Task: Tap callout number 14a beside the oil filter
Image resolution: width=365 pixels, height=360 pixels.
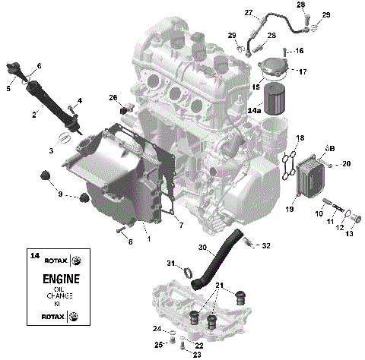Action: click(255, 111)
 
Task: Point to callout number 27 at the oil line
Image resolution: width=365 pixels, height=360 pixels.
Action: click(249, 13)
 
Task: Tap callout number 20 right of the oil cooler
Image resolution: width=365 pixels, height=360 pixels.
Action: click(346, 163)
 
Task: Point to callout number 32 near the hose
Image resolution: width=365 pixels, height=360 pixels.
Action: click(266, 245)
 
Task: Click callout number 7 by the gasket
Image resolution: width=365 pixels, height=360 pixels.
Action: click(180, 225)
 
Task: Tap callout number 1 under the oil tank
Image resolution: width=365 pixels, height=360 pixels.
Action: click(148, 239)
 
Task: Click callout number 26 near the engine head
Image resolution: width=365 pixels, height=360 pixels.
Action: click(113, 97)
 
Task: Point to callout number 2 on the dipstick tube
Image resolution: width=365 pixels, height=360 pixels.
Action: click(35, 115)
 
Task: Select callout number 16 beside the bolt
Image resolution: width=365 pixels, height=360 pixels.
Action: click(299, 50)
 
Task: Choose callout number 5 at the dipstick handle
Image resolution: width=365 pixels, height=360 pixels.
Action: click(9, 90)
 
